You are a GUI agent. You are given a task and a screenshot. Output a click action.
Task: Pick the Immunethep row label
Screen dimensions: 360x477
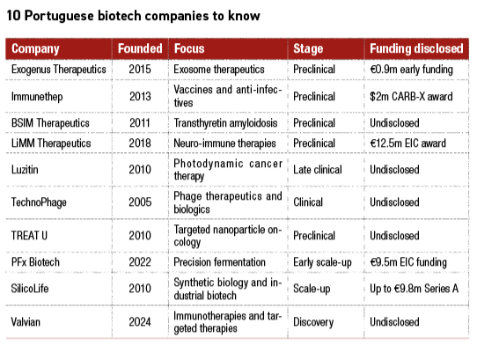36,96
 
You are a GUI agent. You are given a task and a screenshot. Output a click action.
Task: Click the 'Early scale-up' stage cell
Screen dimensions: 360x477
324,261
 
